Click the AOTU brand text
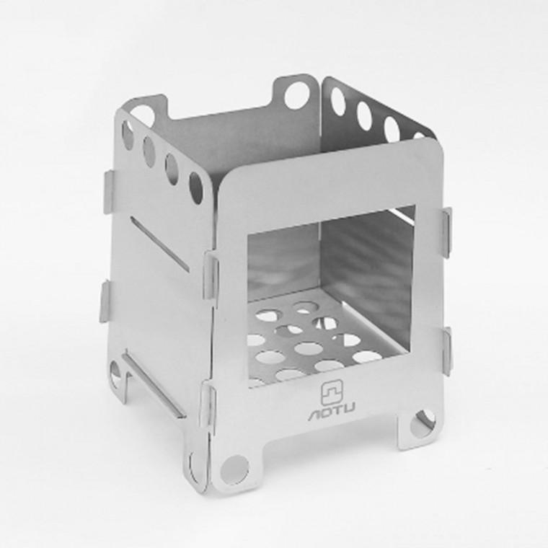point(332,415)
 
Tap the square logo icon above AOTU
point(331,394)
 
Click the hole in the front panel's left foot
point(235,469)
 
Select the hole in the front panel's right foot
point(423,423)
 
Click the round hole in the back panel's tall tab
point(297,95)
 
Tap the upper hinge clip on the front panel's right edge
point(446,233)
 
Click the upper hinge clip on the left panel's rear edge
point(109,192)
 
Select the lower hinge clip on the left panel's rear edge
point(105,302)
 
